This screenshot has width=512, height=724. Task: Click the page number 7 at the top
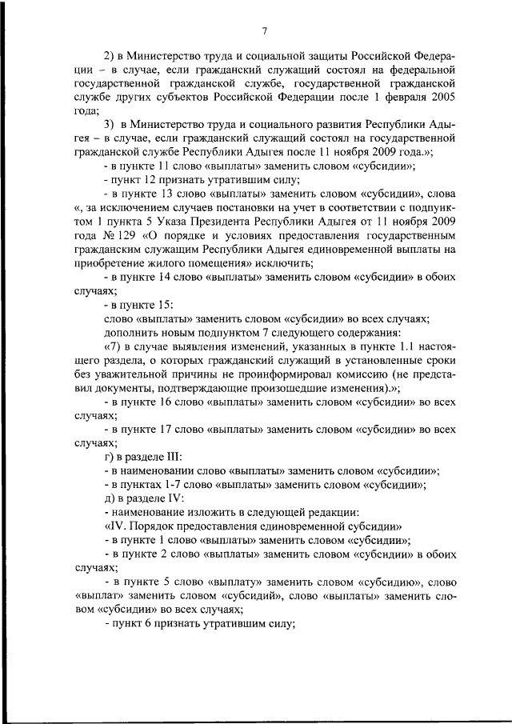263,31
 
